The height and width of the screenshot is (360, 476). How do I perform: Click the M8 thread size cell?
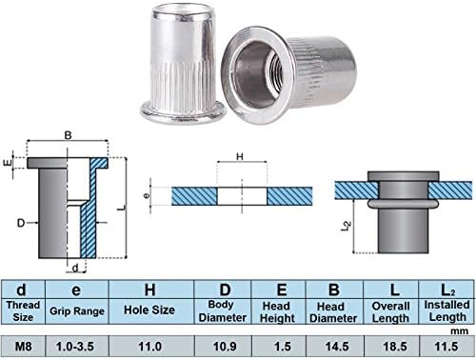[x=23, y=346]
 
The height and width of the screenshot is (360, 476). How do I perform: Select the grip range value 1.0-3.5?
[x=75, y=346]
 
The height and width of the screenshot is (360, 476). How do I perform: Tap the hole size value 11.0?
[x=149, y=346]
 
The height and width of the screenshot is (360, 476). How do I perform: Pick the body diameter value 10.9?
[x=225, y=346]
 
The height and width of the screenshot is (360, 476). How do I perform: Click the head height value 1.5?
[x=283, y=346]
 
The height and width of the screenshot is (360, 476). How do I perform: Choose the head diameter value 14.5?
[x=337, y=346]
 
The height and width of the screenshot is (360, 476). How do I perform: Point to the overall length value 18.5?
[x=395, y=346]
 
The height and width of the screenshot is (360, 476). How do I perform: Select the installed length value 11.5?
[x=446, y=346]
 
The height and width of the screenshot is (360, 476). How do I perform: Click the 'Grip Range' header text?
[x=77, y=311]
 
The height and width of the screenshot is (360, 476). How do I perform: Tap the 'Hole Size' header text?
[x=149, y=310]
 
